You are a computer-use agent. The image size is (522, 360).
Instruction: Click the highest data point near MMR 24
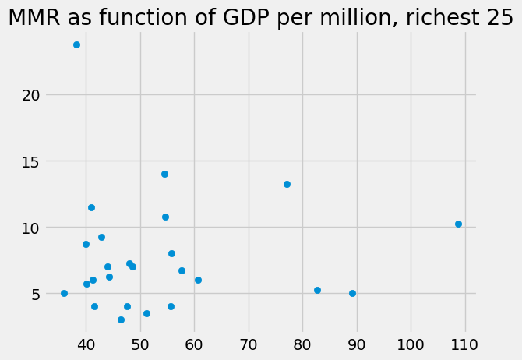pos(76,44)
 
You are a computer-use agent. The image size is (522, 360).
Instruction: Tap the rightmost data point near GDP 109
pos(458,224)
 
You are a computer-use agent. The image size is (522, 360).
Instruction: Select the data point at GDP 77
pos(287,184)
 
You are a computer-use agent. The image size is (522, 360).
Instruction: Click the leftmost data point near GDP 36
pos(64,293)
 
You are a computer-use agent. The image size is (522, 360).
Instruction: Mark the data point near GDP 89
pos(352,293)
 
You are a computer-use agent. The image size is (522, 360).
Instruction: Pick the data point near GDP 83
pos(317,290)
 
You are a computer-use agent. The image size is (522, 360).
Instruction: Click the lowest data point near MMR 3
pos(121,319)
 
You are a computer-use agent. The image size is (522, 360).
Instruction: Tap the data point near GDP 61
pos(198,280)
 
